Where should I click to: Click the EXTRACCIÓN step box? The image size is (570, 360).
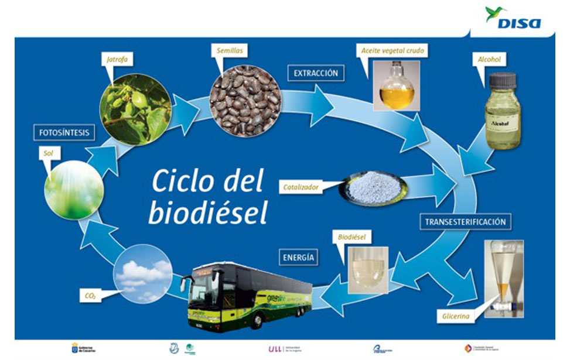(x=316, y=73)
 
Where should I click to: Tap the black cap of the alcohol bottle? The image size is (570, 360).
(x=503, y=80)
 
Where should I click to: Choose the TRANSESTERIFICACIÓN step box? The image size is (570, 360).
(x=465, y=222)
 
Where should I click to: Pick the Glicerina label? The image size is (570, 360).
(x=455, y=318)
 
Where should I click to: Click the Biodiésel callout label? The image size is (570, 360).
(x=351, y=237)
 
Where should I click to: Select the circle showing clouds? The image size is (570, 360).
(x=144, y=275)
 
